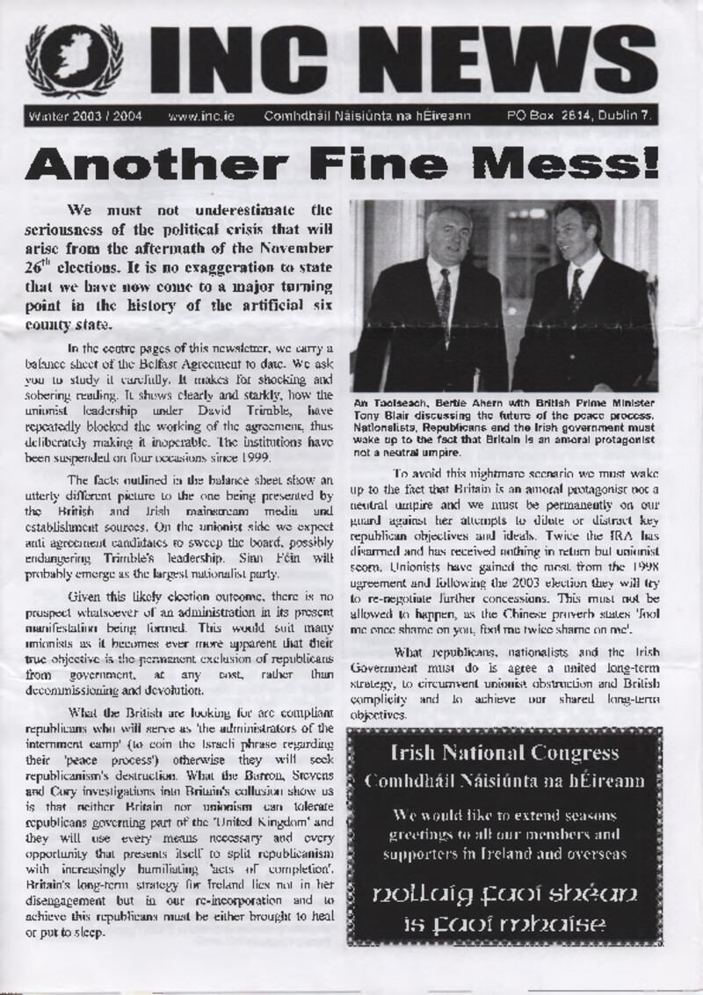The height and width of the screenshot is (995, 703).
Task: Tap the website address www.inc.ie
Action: tap(200, 115)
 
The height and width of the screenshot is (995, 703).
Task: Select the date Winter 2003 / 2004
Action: tap(85, 115)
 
